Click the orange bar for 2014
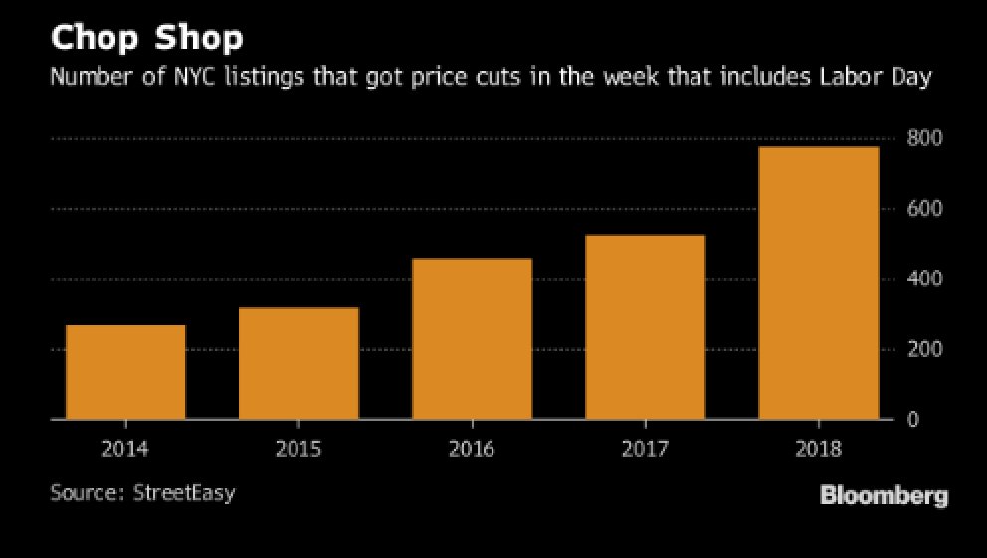125,372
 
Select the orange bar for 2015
298,363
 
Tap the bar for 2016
472,338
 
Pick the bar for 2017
645,326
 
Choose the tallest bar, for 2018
818,282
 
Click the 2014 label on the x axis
125,449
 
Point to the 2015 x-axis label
298,449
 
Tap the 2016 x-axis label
472,449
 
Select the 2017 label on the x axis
645,449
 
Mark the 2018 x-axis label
818,449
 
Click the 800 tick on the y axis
925,138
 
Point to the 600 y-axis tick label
925,209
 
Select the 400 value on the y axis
925,279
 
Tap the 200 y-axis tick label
925,350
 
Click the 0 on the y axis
912,420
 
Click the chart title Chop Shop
147,40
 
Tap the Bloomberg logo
884,495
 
